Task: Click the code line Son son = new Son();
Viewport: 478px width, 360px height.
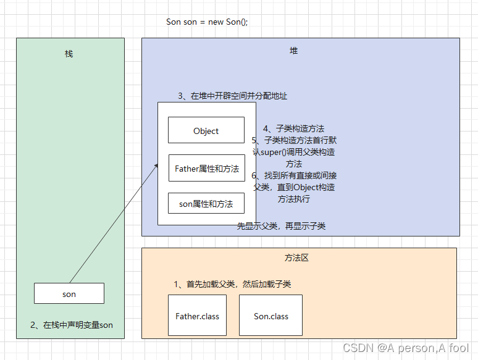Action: (x=207, y=22)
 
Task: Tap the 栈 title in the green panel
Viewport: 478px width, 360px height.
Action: (x=69, y=54)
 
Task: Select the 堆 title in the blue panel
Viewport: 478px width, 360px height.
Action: (x=293, y=51)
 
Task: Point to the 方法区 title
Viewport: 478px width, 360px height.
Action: (x=296, y=257)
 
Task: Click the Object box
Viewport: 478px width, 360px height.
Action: (x=206, y=131)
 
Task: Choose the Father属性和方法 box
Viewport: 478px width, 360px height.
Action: (x=206, y=168)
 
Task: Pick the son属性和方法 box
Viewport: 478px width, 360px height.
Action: (x=206, y=204)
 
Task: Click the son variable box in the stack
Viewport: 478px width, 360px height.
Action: (x=69, y=294)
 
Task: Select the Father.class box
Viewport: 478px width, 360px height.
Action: (x=197, y=316)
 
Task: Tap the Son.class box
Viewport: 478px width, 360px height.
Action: (x=270, y=316)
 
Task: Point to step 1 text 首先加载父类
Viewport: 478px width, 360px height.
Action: (x=232, y=284)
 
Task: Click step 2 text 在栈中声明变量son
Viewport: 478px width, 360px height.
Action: (x=72, y=325)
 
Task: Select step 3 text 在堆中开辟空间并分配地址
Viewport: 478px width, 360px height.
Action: (x=232, y=96)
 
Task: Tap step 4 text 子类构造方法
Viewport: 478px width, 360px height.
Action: (x=293, y=128)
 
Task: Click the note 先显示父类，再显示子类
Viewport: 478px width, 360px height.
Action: (x=281, y=226)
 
